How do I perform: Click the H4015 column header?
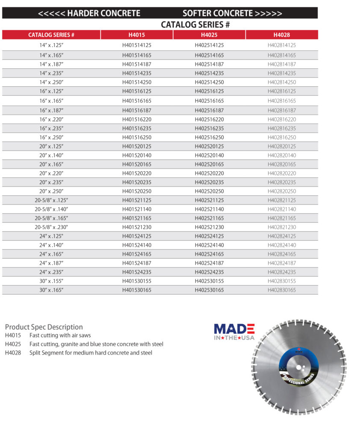tap(137, 35)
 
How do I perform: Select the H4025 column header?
tap(209, 35)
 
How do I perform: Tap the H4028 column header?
tap(282, 35)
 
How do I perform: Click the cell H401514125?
tap(137, 45)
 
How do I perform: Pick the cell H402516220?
tap(209, 119)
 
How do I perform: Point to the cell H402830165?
tap(282, 290)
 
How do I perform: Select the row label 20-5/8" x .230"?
tap(51, 227)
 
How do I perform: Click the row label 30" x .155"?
tap(51, 281)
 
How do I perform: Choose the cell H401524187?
tap(137, 263)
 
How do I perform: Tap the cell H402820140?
tap(282, 155)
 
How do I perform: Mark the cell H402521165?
tap(209, 218)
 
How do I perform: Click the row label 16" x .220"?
tap(51, 119)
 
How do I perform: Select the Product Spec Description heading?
tap(44, 327)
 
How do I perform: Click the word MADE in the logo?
tap(234, 328)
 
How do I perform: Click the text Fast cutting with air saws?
tap(60, 335)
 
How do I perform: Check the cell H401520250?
tap(137, 191)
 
